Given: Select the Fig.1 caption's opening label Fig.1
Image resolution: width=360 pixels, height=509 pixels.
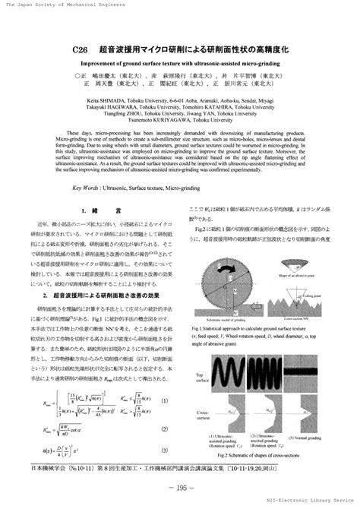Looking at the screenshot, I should pyautogui.click(x=199, y=327).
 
